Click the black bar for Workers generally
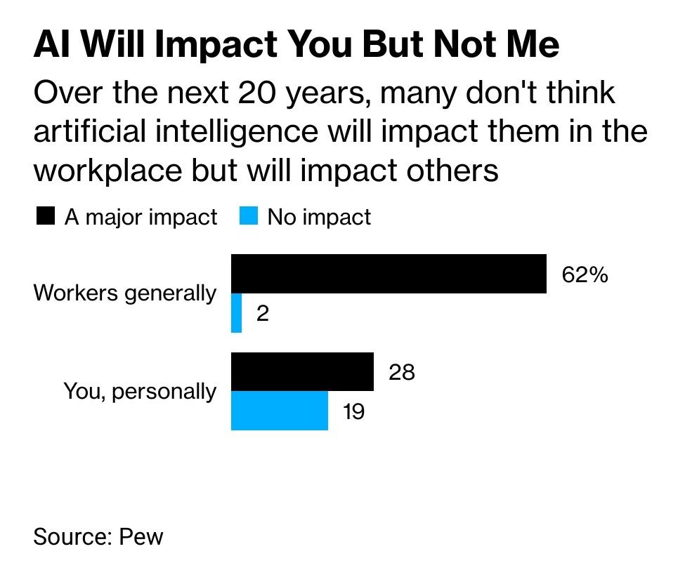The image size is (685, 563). click(389, 274)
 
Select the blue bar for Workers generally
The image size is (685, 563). click(237, 313)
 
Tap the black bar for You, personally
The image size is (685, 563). click(302, 372)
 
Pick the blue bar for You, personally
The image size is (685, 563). click(280, 411)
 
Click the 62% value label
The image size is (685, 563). click(585, 274)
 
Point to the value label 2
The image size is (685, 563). click(263, 314)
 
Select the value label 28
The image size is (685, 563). click(402, 372)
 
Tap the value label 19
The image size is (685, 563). click(353, 411)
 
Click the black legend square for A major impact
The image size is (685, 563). click(45, 216)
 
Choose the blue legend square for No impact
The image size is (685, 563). click(249, 216)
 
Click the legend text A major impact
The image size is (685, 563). click(141, 217)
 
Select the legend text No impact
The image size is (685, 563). click(319, 217)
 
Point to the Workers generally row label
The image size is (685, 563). click(125, 293)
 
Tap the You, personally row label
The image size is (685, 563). click(140, 391)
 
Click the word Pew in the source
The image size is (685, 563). click(141, 536)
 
